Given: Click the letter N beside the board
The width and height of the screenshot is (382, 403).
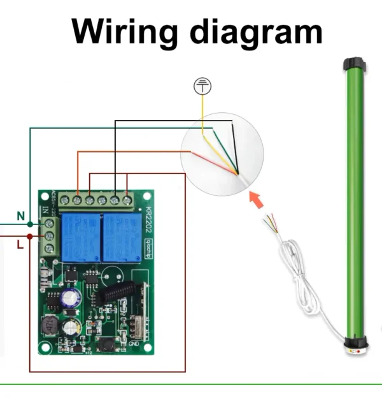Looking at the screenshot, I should tap(20, 217).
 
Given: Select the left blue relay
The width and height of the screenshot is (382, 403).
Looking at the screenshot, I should tap(81, 237).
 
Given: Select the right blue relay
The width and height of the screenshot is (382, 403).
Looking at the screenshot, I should tap(120, 237).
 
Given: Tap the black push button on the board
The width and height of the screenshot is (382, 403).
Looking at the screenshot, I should tap(105, 346).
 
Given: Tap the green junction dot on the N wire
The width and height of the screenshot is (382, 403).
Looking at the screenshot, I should tap(30, 224).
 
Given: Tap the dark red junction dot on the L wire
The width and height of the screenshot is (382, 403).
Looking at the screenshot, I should tap(30, 236).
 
